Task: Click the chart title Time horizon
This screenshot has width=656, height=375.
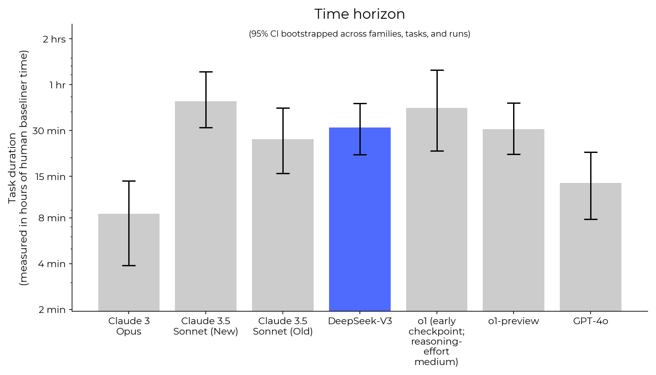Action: tap(359, 14)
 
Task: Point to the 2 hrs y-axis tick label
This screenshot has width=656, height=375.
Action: tap(54, 39)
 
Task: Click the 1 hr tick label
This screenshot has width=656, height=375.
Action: tap(57, 85)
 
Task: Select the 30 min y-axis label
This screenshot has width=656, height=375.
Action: tap(49, 131)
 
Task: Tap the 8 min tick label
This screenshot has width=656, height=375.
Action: tap(52, 218)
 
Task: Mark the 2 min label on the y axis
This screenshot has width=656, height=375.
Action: tap(52, 310)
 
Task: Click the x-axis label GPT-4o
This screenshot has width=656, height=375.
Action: tap(590, 321)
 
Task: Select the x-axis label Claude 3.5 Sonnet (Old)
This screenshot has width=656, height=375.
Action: tap(283, 326)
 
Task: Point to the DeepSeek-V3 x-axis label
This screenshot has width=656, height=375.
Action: tap(359, 321)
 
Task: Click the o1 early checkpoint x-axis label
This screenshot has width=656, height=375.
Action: tap(437, 341)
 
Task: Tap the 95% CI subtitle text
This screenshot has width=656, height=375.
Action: tap(359, 34)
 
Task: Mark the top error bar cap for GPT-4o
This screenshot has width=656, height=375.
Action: tap(590, 152)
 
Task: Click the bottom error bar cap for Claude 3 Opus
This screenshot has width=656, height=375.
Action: tap(129, 265)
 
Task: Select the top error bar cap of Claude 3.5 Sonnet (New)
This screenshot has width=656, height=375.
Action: tap(206, 72)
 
